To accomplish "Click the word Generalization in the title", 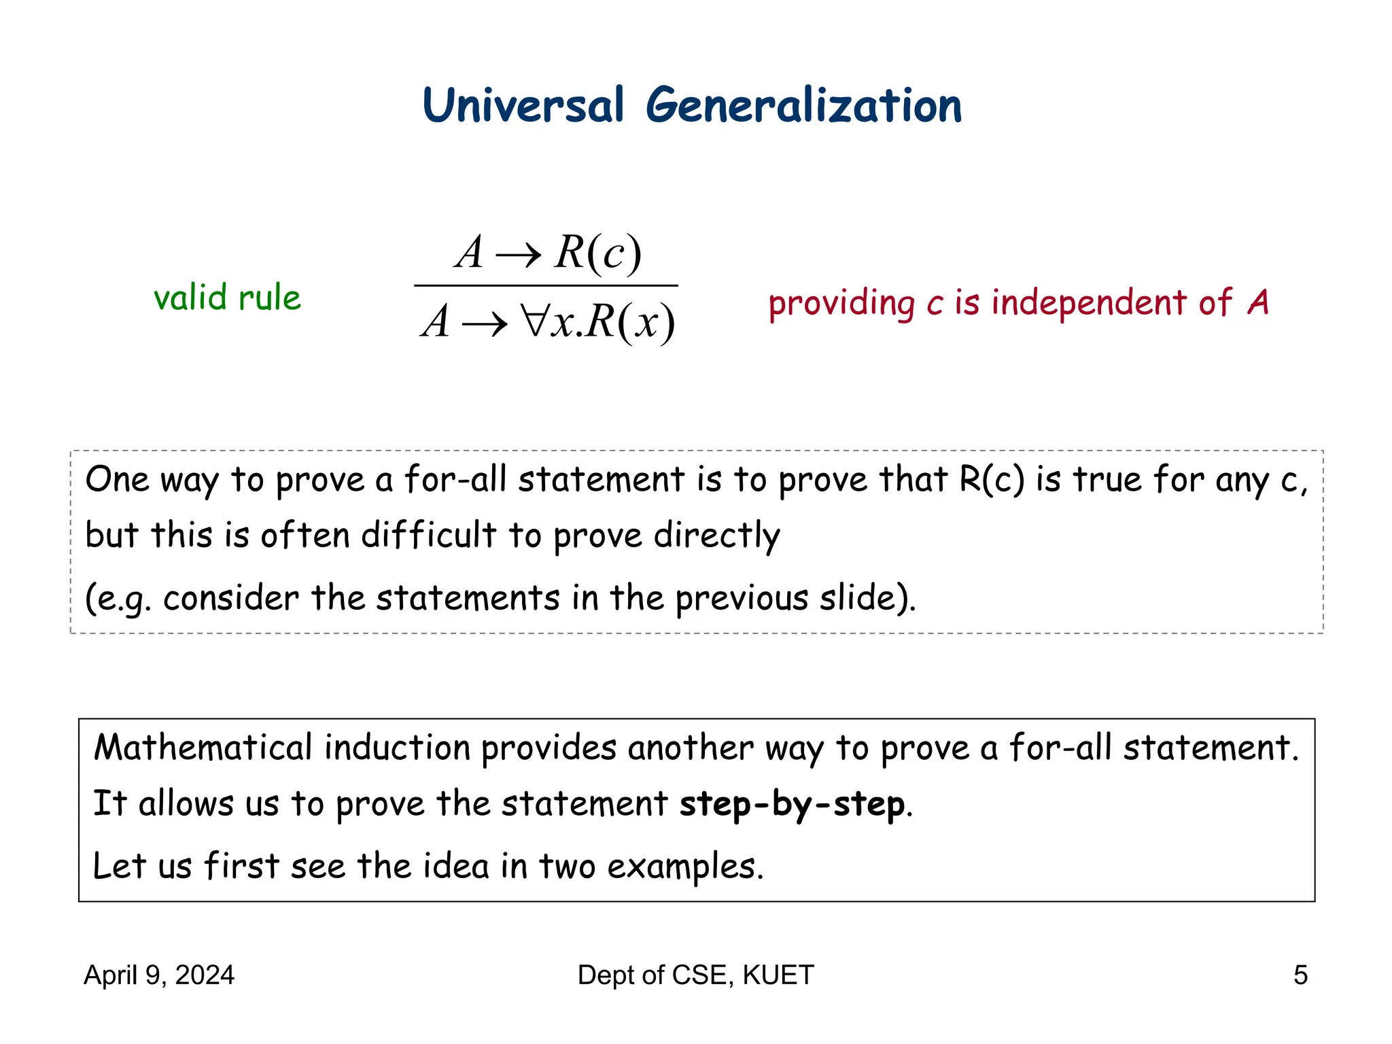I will point(803,107).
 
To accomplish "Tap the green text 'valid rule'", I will point(227,298).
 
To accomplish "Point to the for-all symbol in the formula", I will point(534,321).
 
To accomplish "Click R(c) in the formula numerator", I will point(597,253).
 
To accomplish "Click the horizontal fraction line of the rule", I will point(546,285).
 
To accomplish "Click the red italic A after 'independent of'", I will point(1258,302).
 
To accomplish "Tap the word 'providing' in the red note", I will point(841,303).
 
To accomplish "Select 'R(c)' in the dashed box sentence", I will point(992,479).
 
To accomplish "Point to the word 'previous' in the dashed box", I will point(742,598).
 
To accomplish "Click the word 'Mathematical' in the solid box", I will point(203,748).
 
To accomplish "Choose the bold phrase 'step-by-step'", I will point(793,804).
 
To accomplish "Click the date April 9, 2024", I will point(159,975).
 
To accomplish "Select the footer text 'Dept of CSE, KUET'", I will point(695,975).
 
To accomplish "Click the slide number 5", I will point(1300,975).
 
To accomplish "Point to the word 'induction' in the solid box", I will point(397,748).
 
